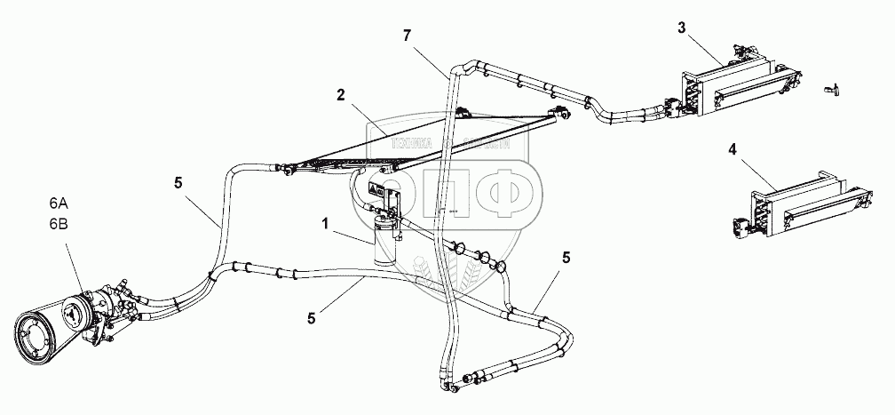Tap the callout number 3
(681, 27)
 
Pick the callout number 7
(407, 36)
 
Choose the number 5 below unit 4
(566, 259)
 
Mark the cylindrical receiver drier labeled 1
(386, 240)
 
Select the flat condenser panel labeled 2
(426, 142)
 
